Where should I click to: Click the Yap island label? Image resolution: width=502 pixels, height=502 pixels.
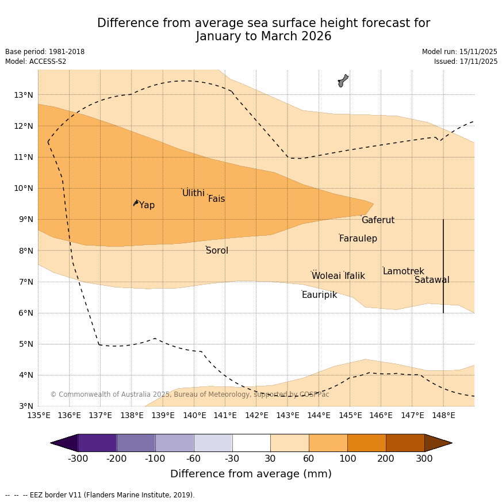(x=147, y=205)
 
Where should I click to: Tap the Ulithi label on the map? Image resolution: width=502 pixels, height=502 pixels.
(x=193, y=193)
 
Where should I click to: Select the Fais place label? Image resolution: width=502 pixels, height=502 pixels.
(x=216, y=199)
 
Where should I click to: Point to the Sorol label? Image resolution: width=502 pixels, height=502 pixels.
(x=217, y=251)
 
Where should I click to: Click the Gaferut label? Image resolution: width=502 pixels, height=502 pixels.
(x=378, y=220)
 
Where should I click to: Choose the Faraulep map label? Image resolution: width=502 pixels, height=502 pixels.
(x=358, y=239)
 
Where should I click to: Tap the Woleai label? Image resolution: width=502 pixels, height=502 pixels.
(x=326, y=276)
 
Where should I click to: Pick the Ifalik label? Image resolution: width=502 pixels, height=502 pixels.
(x=355, y=276)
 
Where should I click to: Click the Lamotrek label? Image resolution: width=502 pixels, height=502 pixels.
(x=403, y=271)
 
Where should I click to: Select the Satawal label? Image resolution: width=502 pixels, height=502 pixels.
(x=432, y=280)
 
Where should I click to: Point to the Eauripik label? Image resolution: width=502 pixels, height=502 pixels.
(x=319, y=295)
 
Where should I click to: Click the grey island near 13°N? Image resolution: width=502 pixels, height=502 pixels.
(x=343, y=81)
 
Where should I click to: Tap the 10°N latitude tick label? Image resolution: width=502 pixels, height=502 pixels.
(x=24, y=188)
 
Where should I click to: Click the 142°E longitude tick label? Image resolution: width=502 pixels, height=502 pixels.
(x=256, y=415)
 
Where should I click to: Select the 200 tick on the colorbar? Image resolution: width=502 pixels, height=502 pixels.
(x=386, y=459)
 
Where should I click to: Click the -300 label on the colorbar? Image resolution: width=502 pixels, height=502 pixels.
(x=78, y=459)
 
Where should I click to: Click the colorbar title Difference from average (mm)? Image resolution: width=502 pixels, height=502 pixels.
(x=251, y=474)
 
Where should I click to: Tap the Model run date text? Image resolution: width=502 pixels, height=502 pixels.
(x=459, y=52)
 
